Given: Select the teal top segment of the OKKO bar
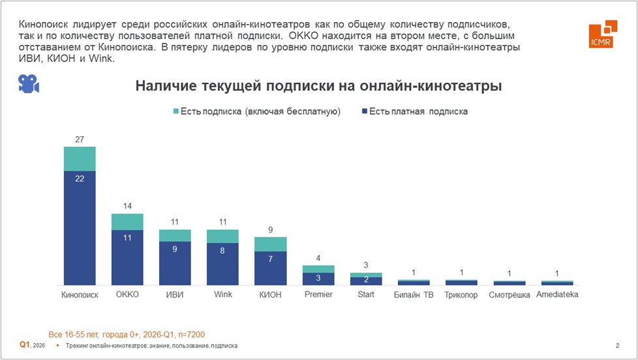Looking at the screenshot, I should [x=127, y=222].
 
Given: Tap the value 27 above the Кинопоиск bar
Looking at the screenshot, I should [x=80, y=140].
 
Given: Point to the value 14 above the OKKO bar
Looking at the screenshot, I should [x=127, y=206].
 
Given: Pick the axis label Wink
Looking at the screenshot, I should [x=223, y=295].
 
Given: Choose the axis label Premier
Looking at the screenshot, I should [x=318, y=295].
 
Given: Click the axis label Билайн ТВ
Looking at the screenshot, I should [x=414, y=295].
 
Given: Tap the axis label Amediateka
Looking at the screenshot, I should [x=557, y=295].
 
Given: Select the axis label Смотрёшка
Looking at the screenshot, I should [x=509, y=295].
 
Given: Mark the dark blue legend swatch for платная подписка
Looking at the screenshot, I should [x=362, y=112].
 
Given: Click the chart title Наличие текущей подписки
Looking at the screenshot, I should [x=318, y=86].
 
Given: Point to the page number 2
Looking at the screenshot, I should [x=617, y=345].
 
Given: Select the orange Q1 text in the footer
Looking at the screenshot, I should [x=24, y=344].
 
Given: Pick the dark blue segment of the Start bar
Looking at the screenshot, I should [x=366, y=281].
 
